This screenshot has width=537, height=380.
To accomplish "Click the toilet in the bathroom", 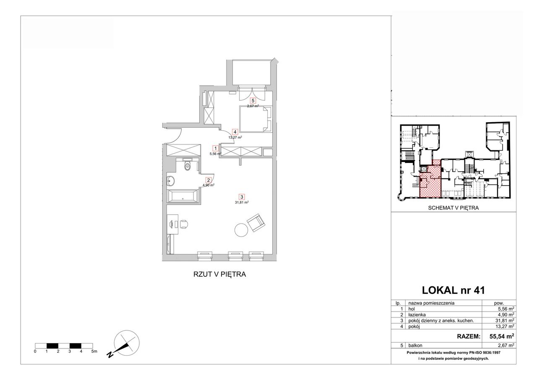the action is click(187, 166).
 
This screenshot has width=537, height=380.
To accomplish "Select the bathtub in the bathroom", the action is click(182, 197).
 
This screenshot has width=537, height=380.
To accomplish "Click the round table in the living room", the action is click(241, 230).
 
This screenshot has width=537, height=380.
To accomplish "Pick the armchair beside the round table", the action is click(256, 223).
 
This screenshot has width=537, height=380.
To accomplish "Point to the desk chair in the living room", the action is click(184, 224).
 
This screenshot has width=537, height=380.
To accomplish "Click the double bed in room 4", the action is click(255, 119).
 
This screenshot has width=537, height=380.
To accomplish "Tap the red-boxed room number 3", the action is click(242, 197).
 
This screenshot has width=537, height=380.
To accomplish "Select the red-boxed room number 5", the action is click(253, 100).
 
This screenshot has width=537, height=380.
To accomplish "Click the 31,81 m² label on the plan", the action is click(242, 202).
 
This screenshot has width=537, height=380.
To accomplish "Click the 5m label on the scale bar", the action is click(94, 351).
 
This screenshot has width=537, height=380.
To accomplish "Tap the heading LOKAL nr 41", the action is click(454, 290).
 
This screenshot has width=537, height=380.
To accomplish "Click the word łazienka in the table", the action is click(417, 314).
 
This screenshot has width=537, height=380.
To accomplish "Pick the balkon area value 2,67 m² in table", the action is click(505, 346).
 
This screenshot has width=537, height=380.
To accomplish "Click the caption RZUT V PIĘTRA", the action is click(219, 274).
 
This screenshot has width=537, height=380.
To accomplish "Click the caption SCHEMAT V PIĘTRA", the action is click(454, 208).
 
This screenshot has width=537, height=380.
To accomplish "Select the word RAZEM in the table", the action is click(469, 336).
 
